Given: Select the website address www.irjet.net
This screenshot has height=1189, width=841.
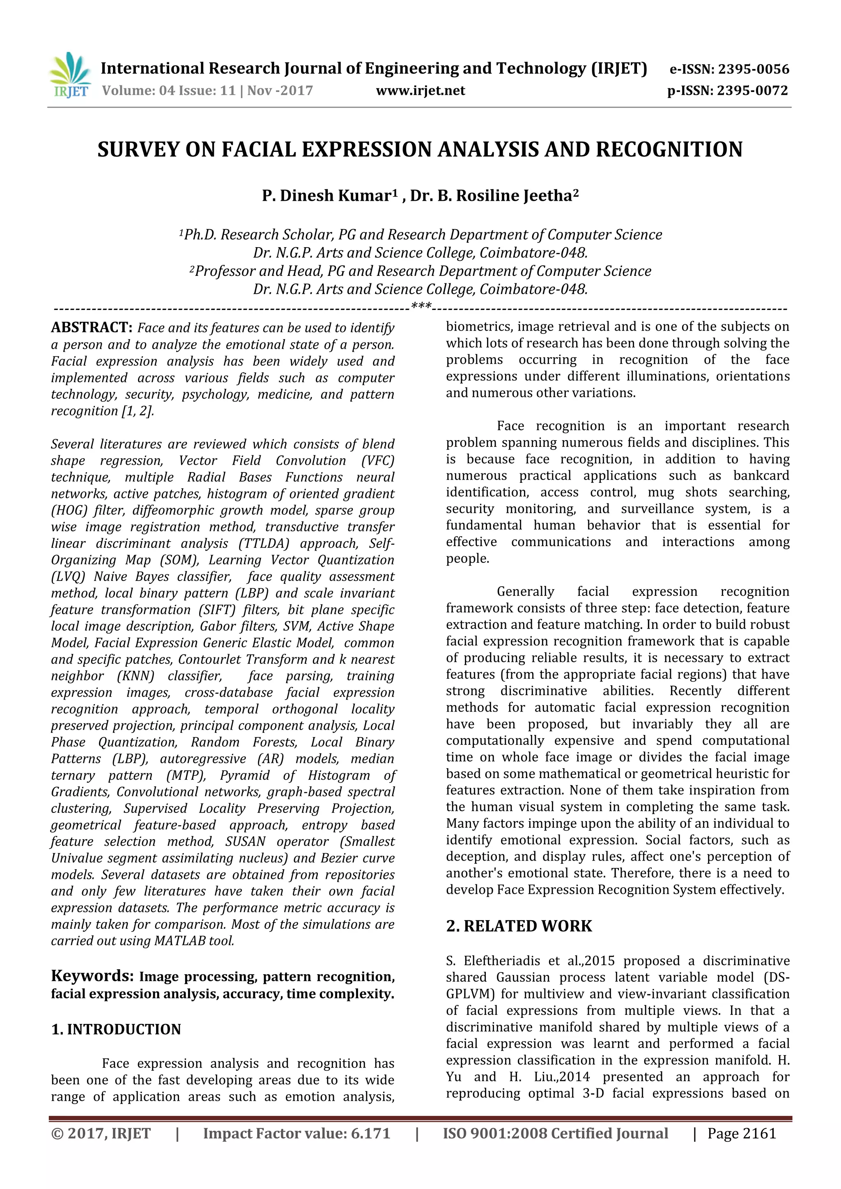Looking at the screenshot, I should [x=420, y=91].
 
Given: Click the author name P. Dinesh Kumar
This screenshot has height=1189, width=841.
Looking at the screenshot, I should [x=326, y=196].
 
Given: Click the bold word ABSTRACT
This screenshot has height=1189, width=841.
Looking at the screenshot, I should [x=92, y=328].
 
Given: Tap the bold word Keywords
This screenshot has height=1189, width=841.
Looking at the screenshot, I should [x=92, y=976].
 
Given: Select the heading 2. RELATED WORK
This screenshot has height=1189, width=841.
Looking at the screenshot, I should [x=519, y=926].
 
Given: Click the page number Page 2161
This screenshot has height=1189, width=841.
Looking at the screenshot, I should [x=742, y=1134].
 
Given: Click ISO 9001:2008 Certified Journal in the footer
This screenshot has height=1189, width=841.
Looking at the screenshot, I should [x=555, y=1134].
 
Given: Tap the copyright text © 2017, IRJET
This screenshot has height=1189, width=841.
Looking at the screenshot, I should [x=101, y=1134].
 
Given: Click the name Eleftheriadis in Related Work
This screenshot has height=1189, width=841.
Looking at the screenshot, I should [x=502, y=961].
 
